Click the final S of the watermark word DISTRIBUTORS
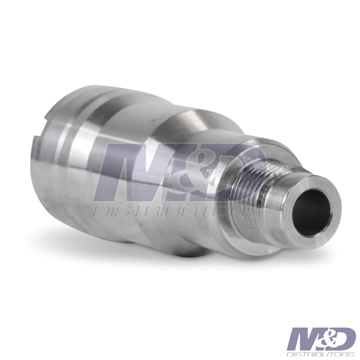click(x=255, y=212)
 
